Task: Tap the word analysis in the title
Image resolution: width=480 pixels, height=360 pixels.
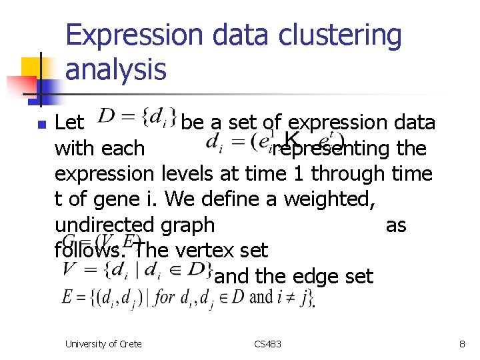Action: coord(116,69)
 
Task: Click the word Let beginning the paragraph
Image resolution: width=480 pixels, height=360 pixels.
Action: coord(69,123)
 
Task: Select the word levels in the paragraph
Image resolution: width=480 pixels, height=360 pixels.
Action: coord(188,174)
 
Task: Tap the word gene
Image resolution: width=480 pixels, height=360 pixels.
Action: coord(111,199)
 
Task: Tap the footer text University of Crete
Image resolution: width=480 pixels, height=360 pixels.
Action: coord(103,344)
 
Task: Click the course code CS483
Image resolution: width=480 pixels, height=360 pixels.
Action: coord(268,344)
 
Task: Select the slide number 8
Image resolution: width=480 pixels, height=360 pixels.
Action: coord(461,344)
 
